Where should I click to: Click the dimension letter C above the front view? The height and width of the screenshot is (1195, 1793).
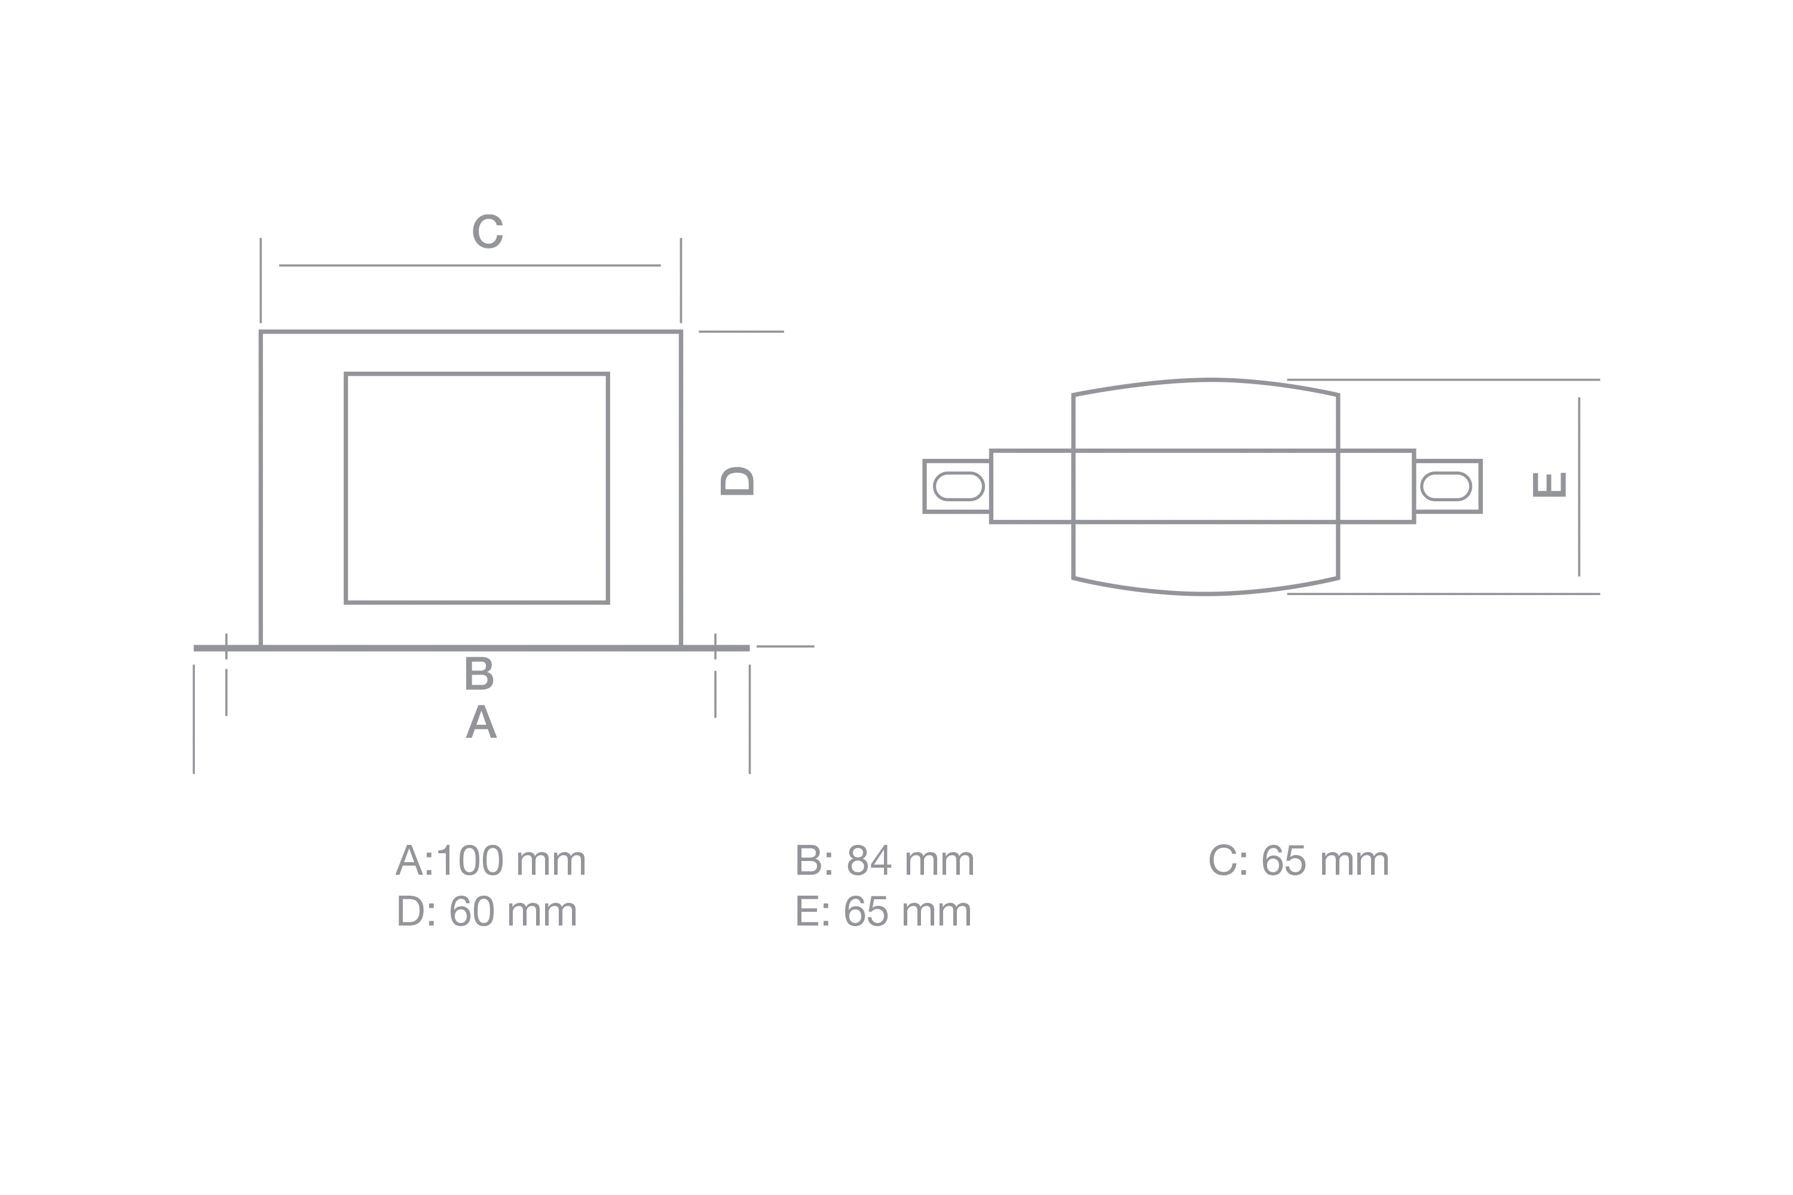488,231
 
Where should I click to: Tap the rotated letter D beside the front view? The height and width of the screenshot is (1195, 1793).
737,481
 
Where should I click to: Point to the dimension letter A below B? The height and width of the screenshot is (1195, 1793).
481,721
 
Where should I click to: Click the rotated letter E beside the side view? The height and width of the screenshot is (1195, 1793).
1549,485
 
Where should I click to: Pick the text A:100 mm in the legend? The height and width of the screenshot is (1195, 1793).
491,861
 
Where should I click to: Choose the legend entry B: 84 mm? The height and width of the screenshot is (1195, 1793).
885,861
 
